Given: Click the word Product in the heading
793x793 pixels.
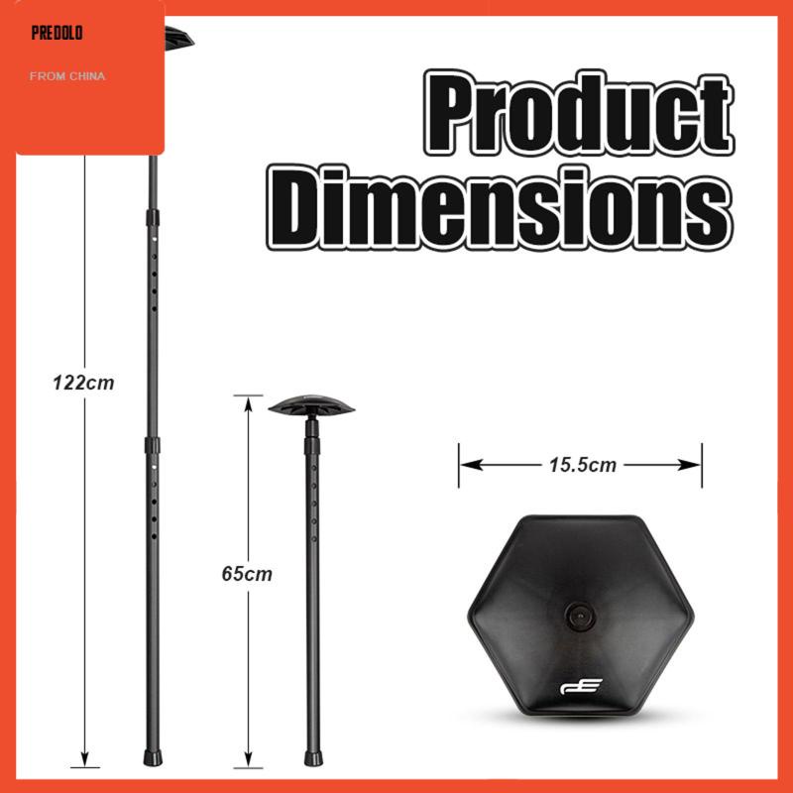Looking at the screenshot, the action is [579, 112].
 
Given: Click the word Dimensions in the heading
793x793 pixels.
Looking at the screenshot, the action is [500, 207].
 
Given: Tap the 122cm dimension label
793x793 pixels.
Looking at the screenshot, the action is [83, 383].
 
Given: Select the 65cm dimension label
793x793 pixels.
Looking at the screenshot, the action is [247, 574].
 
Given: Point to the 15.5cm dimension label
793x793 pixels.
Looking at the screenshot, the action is [583, 465].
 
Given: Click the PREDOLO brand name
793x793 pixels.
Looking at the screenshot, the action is [57, 34].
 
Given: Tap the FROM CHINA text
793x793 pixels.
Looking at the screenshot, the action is [67, 76].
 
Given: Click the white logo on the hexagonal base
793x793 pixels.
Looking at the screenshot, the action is [581, 686].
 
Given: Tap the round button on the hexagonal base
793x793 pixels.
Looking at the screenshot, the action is [580, 617].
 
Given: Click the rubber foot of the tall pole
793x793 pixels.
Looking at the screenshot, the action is [153, 757].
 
